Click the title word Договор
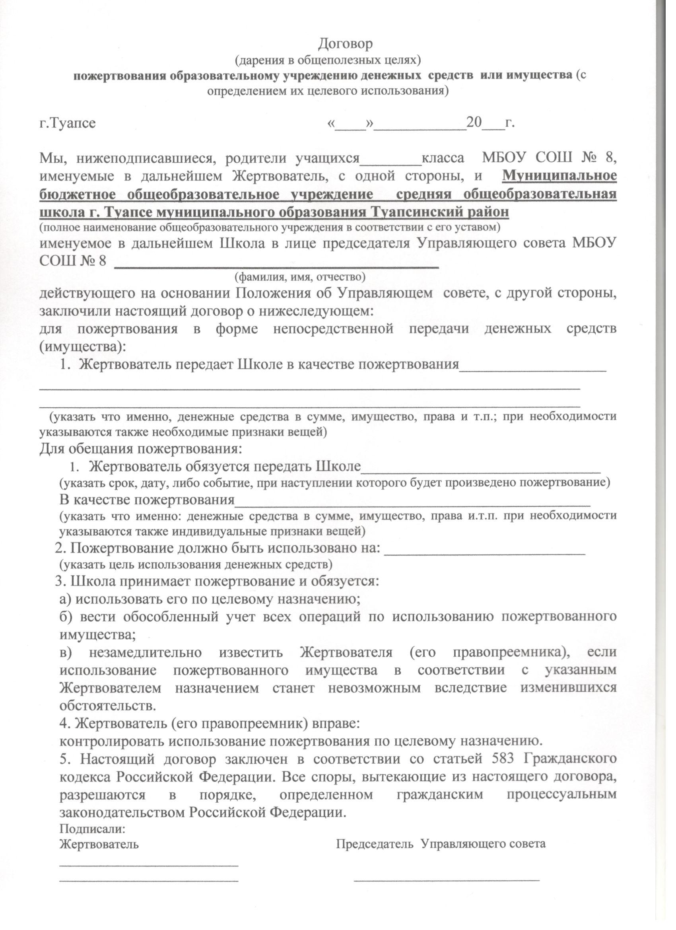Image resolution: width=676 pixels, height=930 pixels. click(346, 43)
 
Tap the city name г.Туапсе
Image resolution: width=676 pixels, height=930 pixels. click(68, 123)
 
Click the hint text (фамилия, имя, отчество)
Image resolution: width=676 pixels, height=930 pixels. click(300, 277)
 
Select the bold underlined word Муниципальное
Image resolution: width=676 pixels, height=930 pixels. click(559, 175)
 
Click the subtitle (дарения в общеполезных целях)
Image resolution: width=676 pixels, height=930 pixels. click(328, 60)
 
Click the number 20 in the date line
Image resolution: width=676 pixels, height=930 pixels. click(475, 123)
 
